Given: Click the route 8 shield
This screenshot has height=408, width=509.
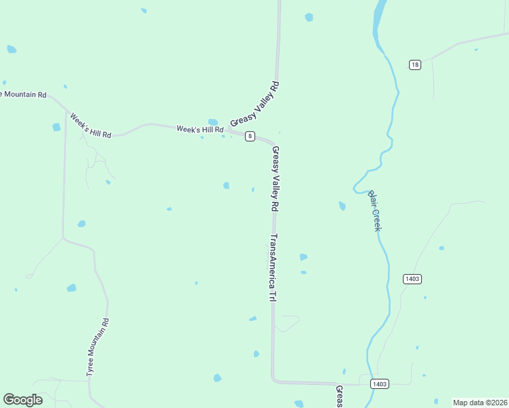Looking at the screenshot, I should [250, 136].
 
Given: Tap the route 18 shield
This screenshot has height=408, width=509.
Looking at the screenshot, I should [415, 65].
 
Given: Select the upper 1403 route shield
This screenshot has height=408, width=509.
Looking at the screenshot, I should [412, 279].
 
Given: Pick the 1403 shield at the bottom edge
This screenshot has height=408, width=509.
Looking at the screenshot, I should [380, 384].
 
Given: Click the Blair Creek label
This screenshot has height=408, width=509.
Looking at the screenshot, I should [374, 210].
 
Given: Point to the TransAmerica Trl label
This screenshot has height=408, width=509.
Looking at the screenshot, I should [274, 268].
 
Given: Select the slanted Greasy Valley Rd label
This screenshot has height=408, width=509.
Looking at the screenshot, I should [255, 104].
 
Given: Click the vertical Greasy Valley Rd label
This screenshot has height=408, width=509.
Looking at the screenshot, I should [276, 177].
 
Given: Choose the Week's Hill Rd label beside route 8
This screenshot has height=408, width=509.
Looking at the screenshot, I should [200, 129].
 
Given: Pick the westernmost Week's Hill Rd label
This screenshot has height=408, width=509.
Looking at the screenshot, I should [90, 125].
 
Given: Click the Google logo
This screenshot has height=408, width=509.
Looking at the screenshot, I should [22, 400].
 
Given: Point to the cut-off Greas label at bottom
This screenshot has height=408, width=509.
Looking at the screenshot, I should [339, 397].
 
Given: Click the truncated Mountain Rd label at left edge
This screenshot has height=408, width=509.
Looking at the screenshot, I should [23, 95].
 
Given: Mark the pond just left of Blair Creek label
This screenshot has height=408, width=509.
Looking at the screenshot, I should [342, 205].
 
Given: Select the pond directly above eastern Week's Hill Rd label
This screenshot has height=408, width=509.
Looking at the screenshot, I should [213, 122].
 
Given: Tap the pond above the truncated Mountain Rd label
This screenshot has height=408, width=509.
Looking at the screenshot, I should [12, 49].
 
